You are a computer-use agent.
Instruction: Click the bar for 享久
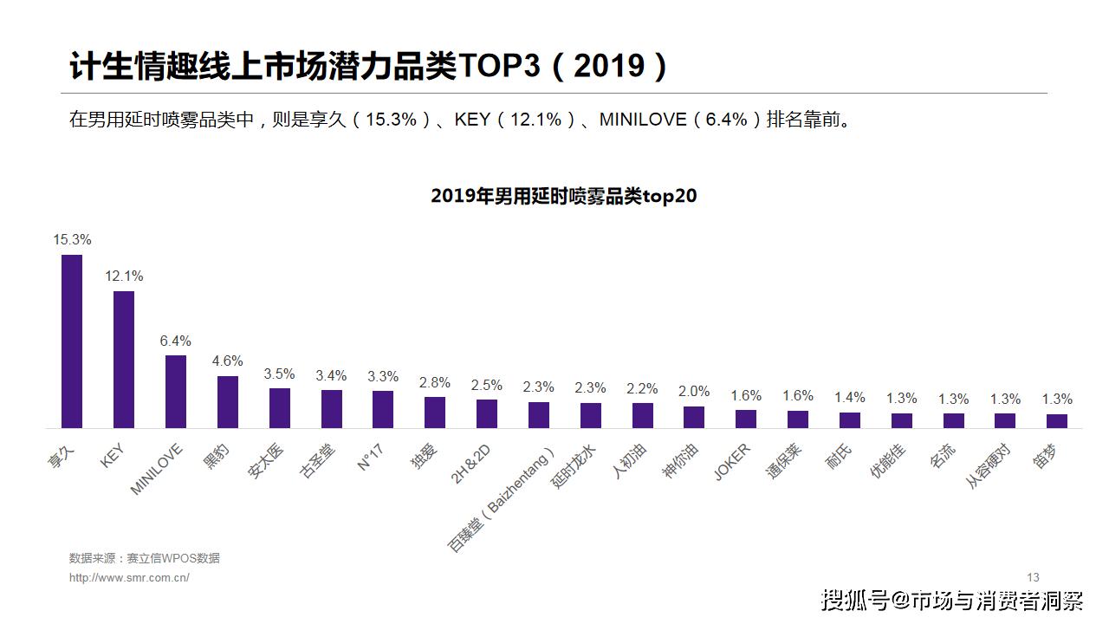pos(72,341)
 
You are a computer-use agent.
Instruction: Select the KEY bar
pos(124,359)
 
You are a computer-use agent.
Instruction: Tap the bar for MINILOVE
pos(176,391)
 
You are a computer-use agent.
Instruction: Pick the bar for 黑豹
pos(228,401)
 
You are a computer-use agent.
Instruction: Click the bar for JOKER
pos(746,419)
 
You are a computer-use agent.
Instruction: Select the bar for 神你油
pos(694,417)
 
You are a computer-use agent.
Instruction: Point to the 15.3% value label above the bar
pos(72,239)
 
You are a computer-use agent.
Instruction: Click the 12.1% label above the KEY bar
pos(124,276)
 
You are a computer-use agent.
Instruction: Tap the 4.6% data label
pos(228,361)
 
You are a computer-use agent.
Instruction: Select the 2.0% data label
pos(694,391)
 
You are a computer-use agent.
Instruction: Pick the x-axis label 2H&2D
pos(472,463)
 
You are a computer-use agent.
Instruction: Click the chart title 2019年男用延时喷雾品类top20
pos(563,196)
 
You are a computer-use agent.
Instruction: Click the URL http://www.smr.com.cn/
pos(129,577)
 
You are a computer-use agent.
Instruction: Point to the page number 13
pos(1033,577)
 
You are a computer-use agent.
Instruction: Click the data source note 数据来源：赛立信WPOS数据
pos(145,558)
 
